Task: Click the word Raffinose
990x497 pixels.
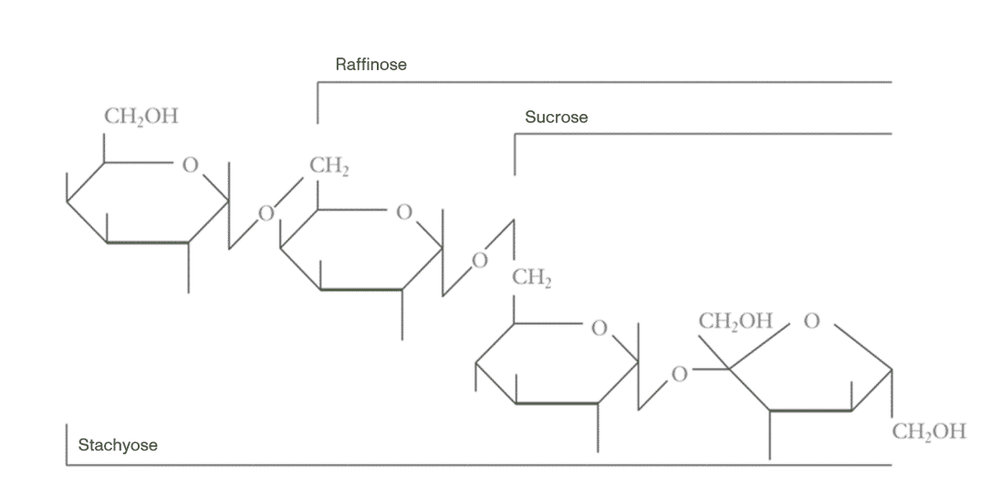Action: point(370,65)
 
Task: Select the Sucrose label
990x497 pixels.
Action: point(556,118)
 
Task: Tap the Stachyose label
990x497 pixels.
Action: point(118,445)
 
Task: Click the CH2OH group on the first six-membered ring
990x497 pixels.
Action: point(141,117)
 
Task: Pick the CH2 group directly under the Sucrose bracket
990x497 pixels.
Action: point(532,279)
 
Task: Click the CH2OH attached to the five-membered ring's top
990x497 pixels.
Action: point(735,321)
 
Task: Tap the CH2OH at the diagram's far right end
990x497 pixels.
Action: point(928,431)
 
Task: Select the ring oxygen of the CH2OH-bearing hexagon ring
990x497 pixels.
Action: point(190,166)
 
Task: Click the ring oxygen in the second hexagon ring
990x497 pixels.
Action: point(404,212)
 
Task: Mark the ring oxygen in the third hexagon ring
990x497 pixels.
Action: point(599,327)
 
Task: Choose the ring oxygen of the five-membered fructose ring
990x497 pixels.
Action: point(812,321)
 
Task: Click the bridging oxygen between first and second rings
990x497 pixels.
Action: point(266,214)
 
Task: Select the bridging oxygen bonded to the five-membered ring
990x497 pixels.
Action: point(678,373)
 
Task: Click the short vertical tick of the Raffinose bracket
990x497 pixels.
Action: point(318,102)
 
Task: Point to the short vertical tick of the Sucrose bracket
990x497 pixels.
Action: point(515,153)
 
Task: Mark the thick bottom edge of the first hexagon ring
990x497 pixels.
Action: point(148,243)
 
